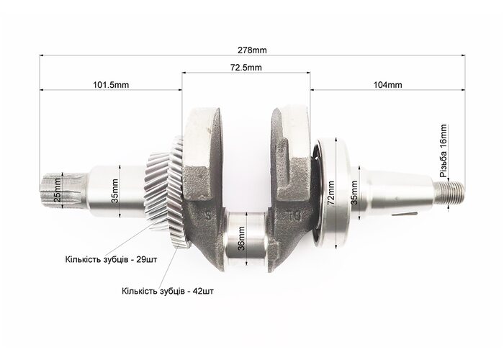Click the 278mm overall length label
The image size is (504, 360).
pos(252,50)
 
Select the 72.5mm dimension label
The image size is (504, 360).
pos(246,68)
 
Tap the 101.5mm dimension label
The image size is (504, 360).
pos(111,85)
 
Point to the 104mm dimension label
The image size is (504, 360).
pos(387,85)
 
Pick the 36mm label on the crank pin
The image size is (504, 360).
pos(242,238)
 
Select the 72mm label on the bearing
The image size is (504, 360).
pos(331,193)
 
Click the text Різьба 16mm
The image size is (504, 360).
pos(444,150)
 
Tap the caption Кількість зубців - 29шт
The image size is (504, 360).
pos(111,259)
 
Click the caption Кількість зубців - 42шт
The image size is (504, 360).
pos(168,291)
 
